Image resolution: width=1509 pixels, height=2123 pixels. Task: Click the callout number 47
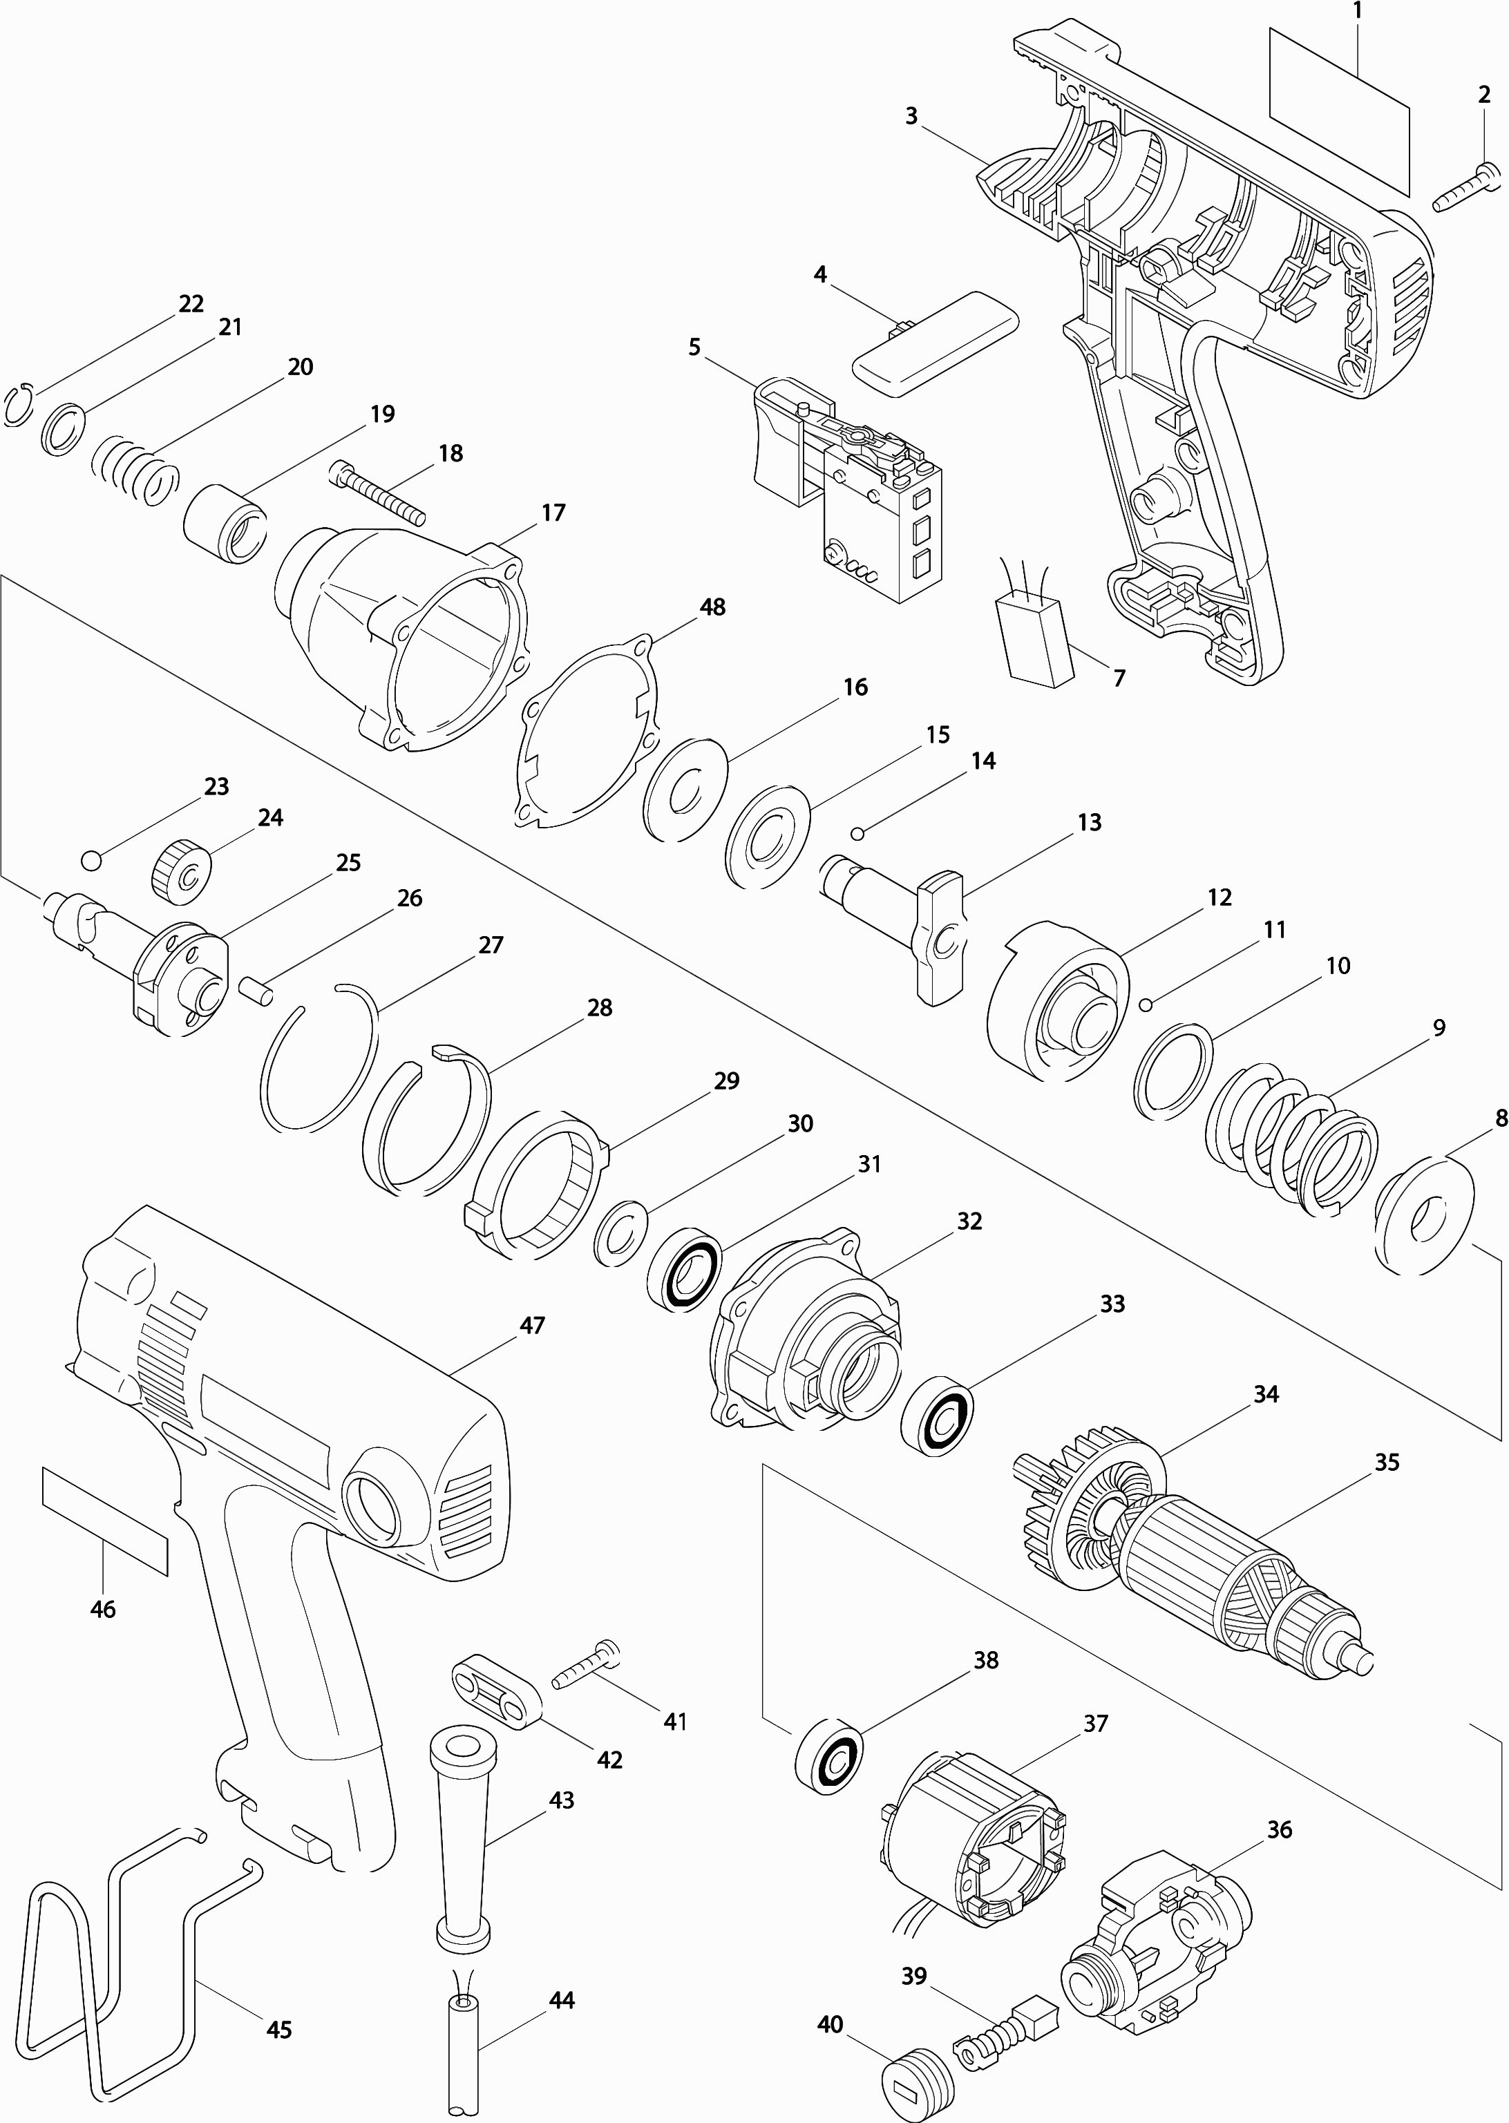coord(531,1325)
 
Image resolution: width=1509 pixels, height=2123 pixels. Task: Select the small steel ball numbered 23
coord(91,860)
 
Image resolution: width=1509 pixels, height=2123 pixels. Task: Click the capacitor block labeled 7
coord(1033,639)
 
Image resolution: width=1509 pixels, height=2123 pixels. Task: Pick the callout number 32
coord(969,1221)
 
